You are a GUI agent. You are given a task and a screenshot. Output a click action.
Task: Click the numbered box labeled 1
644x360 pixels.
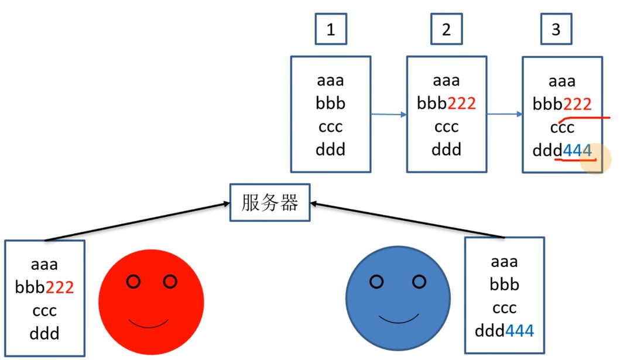(331, 29)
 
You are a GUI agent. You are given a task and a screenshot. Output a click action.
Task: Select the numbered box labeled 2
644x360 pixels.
(447, 29)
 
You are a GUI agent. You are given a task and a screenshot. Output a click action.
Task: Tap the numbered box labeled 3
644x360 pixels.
(556, 29)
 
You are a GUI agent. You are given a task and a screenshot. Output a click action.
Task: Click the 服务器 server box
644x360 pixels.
(270, 203)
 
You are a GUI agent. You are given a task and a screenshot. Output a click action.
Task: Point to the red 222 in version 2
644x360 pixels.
(461, 104)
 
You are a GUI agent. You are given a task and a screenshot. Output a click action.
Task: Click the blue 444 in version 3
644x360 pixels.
(577, 150)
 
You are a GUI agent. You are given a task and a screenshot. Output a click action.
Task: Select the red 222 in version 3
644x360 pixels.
(577, 104)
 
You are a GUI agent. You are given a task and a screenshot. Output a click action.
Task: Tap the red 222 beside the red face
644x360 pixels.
(60, 287)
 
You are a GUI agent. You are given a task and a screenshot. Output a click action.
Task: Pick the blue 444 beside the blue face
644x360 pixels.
(519, 331)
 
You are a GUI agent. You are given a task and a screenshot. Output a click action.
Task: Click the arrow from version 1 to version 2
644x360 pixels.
(389, 115)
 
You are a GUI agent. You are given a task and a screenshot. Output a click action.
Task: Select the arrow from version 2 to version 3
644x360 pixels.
(504, 114)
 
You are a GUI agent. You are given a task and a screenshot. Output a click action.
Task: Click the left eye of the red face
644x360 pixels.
(133, 282)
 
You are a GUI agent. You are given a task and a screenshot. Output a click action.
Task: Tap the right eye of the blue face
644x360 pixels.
(419, 282)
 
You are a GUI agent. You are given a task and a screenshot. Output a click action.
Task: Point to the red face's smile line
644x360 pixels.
(149, 325)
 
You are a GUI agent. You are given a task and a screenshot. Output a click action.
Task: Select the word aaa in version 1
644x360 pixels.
(331, 80)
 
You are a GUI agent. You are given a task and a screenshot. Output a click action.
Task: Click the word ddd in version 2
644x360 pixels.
(447, 150)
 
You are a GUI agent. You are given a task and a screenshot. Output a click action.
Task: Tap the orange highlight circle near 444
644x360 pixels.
(595, 159)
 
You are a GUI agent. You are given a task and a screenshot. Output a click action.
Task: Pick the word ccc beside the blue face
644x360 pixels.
(504, 308)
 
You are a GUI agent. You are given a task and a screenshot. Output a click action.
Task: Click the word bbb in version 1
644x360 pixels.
(331, 104)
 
